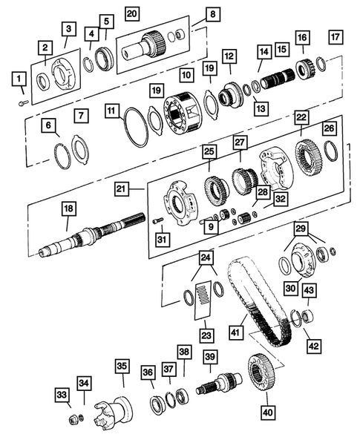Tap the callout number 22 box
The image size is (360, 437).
301,117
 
